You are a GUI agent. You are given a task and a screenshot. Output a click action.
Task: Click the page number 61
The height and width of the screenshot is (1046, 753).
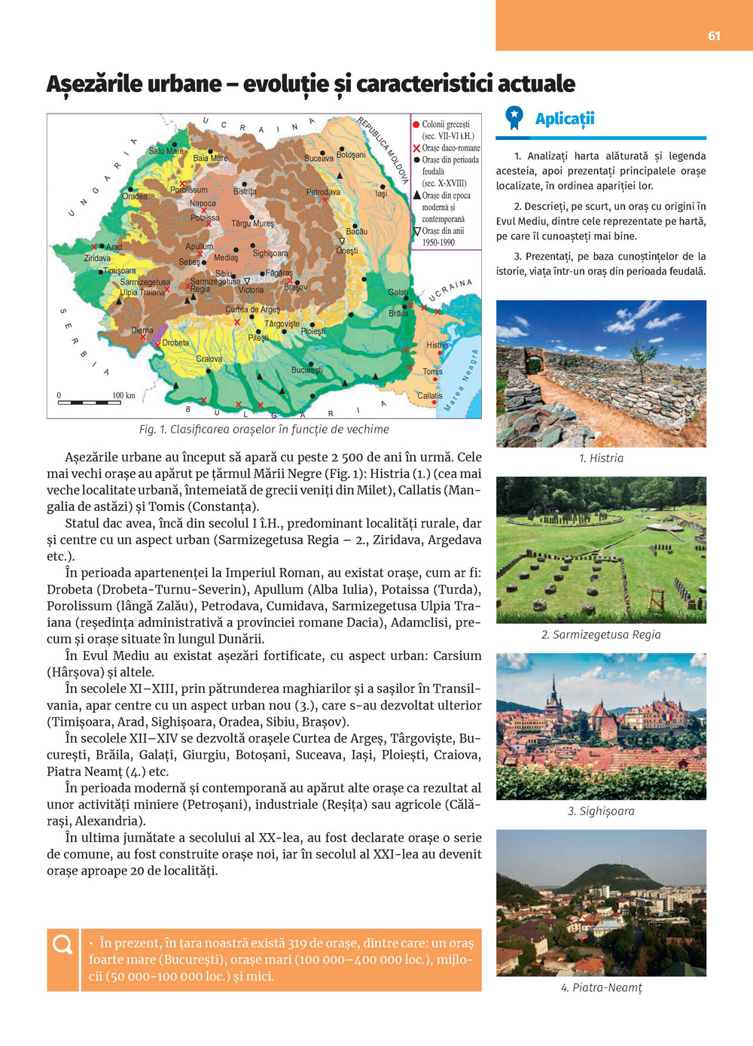coord(714,35)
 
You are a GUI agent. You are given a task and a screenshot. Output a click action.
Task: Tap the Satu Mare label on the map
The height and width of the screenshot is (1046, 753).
coord(166,151)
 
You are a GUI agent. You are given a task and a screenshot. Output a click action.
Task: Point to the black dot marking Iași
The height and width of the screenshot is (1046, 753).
coord(383,186)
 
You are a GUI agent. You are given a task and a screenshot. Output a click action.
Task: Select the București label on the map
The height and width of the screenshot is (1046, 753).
coord(306,370)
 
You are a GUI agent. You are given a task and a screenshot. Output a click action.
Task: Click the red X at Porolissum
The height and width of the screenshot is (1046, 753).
coord(181,184)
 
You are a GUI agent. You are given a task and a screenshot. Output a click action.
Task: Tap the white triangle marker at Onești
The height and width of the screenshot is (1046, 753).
coord(342,242)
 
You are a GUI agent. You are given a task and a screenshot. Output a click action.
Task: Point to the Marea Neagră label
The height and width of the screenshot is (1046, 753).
coord(462,381)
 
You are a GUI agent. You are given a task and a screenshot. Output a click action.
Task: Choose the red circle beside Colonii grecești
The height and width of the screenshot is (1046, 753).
coord(416,124)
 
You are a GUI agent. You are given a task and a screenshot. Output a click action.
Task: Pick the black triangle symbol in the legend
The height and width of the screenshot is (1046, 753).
coord(416,195)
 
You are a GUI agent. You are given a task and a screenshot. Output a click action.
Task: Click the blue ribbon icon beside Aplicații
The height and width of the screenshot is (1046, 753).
coord(514,117)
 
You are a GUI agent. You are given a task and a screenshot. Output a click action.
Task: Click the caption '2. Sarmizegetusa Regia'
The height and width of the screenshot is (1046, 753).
coord(601,634)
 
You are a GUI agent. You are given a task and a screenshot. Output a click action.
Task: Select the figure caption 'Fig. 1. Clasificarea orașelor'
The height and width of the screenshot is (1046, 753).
coord(264,429)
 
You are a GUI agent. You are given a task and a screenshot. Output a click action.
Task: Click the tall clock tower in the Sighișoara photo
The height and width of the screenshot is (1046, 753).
coord(554,692)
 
